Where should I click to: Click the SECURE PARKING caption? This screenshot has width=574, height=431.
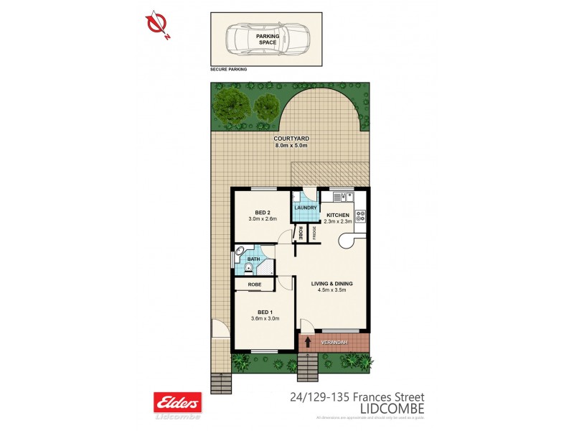tap(228, 70)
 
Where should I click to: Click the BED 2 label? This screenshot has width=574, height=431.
tap(263, 213)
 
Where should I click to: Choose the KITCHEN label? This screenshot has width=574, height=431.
tap(338, 215)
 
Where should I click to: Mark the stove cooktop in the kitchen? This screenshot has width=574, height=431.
tap(360, 215)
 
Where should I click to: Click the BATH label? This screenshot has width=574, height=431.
tap(253, 259)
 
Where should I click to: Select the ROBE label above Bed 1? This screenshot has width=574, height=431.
tap(254, 285)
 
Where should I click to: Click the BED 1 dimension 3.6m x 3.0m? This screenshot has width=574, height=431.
tap(265, 318)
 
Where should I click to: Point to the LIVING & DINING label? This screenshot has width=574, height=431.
tap(331, 283)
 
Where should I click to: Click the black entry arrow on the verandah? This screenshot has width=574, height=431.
tap(309, 342)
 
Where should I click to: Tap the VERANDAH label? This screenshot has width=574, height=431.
tap(335, 342)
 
